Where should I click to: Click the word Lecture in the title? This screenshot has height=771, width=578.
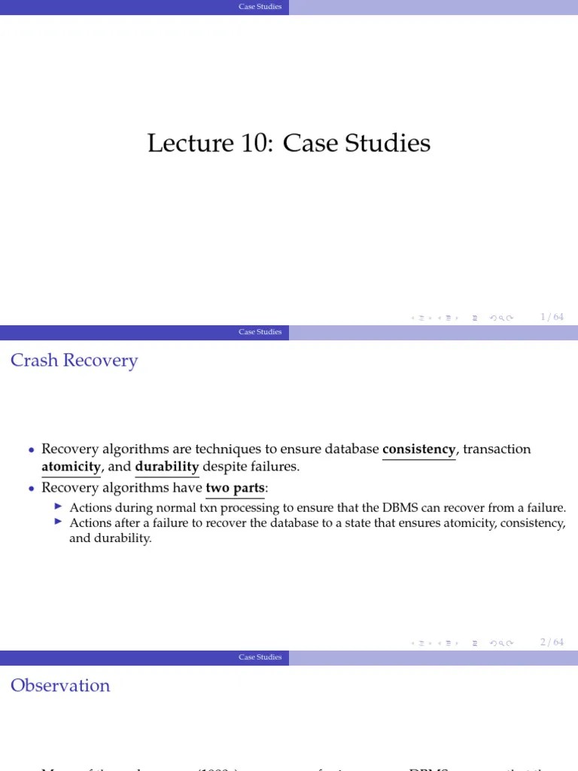pyautogui.click(x=181, y=143)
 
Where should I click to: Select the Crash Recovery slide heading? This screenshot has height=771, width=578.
pyautogui.click(x=74, y=361)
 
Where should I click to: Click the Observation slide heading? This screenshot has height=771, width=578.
pyautogui.click(x=60, y=686)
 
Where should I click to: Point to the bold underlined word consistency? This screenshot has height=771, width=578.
pyautogui.click(x=418, y=449)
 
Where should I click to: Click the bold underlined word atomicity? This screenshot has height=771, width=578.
pyautogui.click(x=71, y=467)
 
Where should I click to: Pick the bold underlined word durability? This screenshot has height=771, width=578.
pyautogui.click(x=166, y=467)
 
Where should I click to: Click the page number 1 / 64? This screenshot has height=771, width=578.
pyautogui.click(x=552, y=317)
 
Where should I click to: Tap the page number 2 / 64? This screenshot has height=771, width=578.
pyautogui.click(x=552, y=642)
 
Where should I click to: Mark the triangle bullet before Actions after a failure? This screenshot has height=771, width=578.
pyautogui.click(x=60, y=522)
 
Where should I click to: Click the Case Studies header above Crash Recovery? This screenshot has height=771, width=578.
pyautogui.click(x=260, y=332)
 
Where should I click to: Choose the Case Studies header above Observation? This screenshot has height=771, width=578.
pyautogui.click(x=260, y=657)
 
